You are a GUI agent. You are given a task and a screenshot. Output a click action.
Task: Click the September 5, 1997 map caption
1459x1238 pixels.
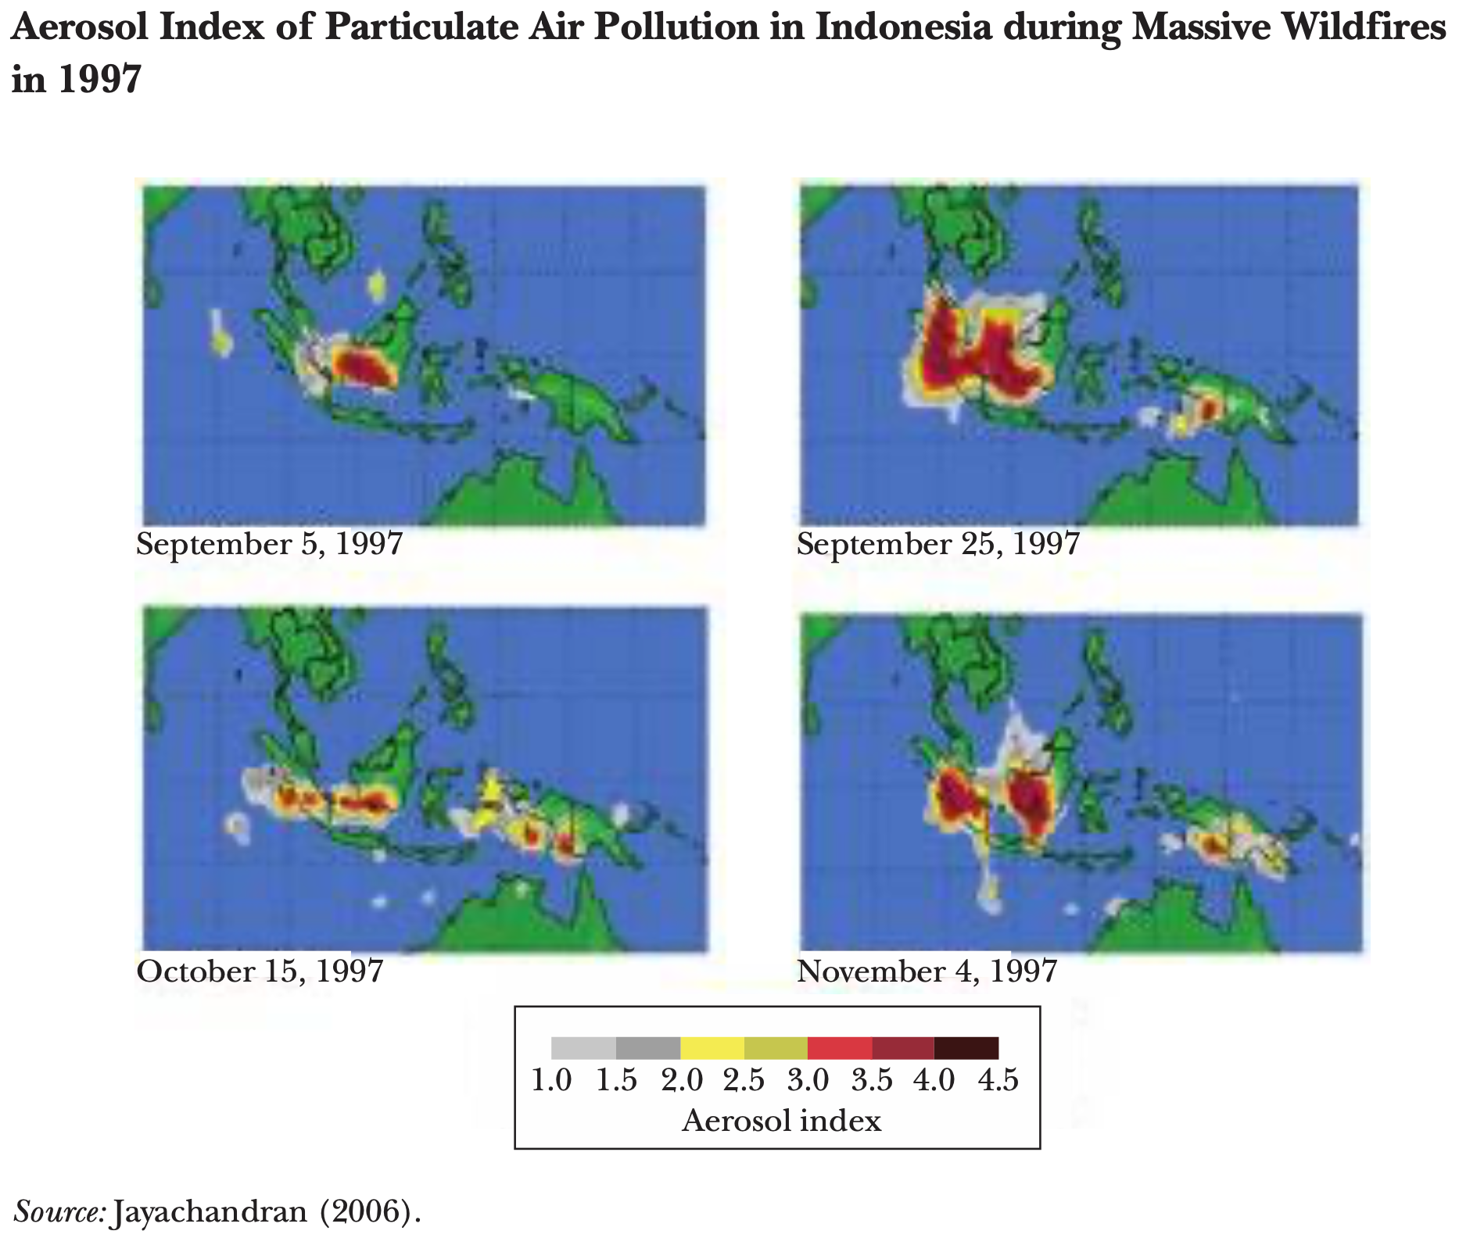(x=270, y=544)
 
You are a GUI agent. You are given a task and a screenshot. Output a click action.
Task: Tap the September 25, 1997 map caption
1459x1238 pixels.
(x=938, y=544)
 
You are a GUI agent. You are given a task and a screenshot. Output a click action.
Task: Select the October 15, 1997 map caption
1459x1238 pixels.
(x=260, y=971)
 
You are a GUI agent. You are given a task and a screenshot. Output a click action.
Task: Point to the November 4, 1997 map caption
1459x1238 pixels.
(x=927, y=971)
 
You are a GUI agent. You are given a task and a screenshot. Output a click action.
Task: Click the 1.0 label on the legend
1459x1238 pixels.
(x=552, y=1080)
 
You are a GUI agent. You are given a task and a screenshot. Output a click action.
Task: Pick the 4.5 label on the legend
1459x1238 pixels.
(x=998, y=1080)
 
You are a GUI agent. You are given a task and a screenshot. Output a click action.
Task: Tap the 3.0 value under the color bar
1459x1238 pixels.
(x=808, y=1080)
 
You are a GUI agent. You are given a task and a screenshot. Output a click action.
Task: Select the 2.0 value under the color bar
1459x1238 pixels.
(x=682, y=1080)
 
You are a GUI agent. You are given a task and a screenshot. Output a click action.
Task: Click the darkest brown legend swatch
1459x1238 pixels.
(x=966, y=1048)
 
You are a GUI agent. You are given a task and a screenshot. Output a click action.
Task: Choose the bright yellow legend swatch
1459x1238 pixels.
(x=712, y=1048)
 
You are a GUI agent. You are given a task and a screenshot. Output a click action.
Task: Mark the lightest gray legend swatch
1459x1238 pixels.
(x=583, y=1048)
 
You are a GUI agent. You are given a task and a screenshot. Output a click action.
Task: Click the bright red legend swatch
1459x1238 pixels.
(x=840, y=1048)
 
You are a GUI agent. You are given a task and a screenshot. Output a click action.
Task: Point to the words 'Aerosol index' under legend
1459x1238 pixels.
(x=781, y=1121)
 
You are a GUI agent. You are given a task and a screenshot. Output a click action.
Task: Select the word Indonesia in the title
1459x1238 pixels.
(x=904, y=28)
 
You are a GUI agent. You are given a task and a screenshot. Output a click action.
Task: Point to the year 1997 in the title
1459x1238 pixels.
(x=99, y=79)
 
